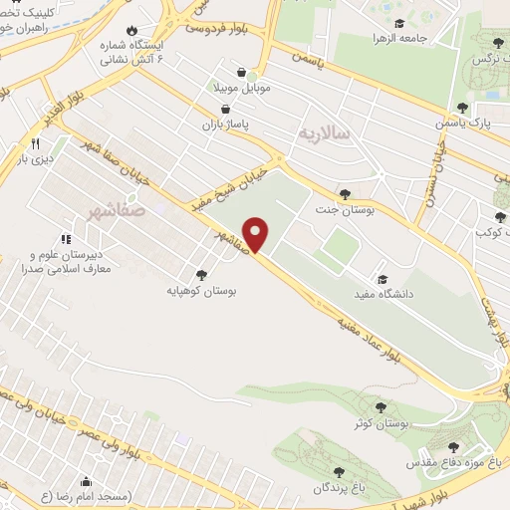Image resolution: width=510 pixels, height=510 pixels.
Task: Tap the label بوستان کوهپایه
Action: coord(202,292)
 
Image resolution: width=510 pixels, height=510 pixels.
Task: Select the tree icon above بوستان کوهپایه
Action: coord(202,275)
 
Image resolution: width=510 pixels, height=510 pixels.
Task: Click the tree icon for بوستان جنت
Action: coord(345,193)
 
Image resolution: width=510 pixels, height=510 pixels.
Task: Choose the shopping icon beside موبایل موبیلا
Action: coord(243,71)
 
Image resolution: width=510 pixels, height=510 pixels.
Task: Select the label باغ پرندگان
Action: coord(337,488)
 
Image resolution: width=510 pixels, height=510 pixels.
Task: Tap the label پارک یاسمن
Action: coord(460,124)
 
